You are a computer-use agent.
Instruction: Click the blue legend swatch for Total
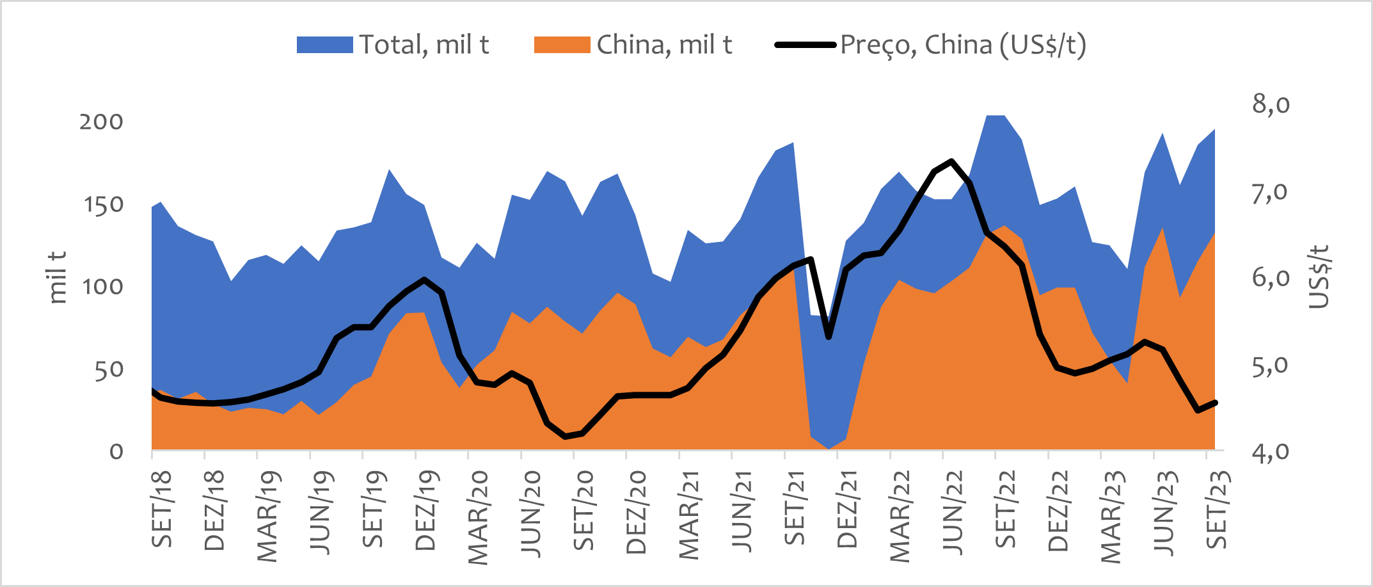(x=324, y=45)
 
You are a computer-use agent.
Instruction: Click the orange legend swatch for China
(x=562, y=45)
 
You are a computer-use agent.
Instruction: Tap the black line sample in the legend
(x=805, y=45)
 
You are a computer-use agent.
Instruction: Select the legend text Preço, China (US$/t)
(x=963, y=45)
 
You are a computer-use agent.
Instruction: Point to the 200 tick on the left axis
(x=101, y=122)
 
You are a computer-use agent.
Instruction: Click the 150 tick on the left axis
(x=103, y=205)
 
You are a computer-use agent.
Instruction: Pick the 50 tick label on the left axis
(x=109, y=369)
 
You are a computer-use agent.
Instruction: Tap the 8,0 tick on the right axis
(x=1271, y=104)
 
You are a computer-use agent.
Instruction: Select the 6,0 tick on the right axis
(x=1271, y=278)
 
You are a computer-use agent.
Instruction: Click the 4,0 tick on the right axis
(x=1271, y=453)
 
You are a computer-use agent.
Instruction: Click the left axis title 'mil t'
(x=58, y=277)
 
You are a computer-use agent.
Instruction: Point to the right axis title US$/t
(x=1319, y=277)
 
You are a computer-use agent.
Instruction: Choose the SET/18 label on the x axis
(x=162, y=510)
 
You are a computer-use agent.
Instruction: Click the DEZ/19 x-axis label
(x=425, y=511)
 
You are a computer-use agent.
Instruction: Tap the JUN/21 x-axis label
(x=742, y=511)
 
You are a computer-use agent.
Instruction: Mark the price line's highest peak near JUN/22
(x=952, y=161)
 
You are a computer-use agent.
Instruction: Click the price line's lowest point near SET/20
(x=566, y=437)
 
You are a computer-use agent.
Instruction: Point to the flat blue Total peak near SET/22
(x=996, y=116)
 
